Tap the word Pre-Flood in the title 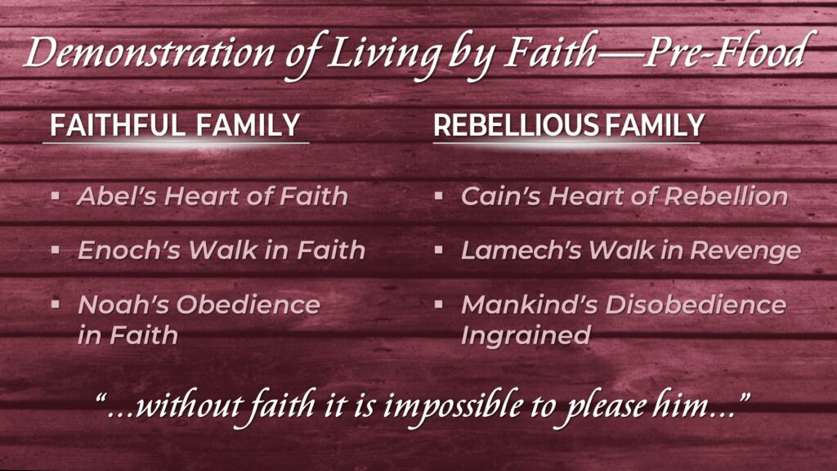click(x=729, y=51)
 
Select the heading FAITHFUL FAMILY click(x=175, y=125)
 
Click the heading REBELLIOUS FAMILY click(x=569, y=125)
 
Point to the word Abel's click(x=116, y=196)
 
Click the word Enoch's click(x=129, y=250)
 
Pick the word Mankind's click(x=529, y=304)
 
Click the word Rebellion click(x=726, y=196)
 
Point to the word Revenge click(x=745, y=251)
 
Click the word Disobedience click(x=696, y=304)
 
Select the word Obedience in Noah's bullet click(x=248, y=304)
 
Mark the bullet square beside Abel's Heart click(x=56, y=196)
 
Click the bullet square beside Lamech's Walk click(x=439, y=250)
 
